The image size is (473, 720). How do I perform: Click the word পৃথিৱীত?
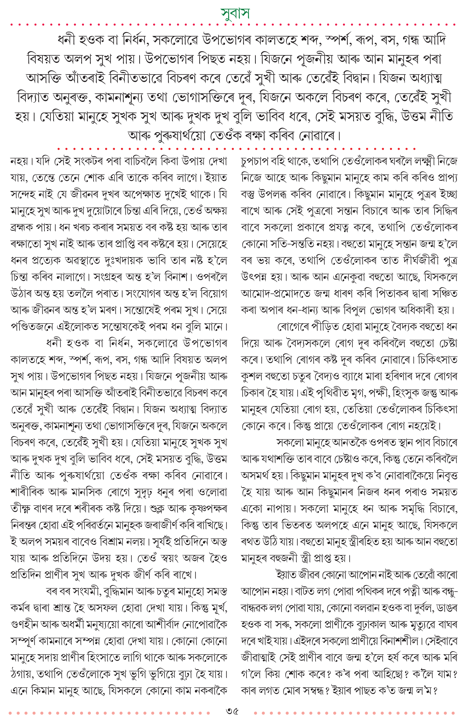point(329,393)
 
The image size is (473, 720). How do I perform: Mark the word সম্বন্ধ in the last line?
point(307,691)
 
